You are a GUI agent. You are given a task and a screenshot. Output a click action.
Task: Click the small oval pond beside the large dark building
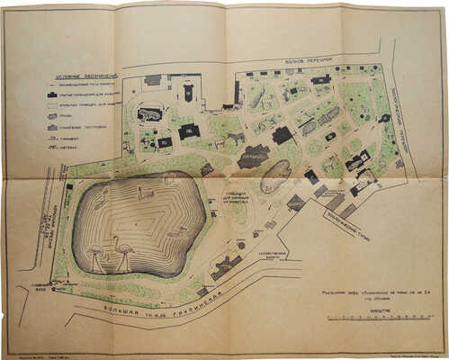(x=275, y=175)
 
